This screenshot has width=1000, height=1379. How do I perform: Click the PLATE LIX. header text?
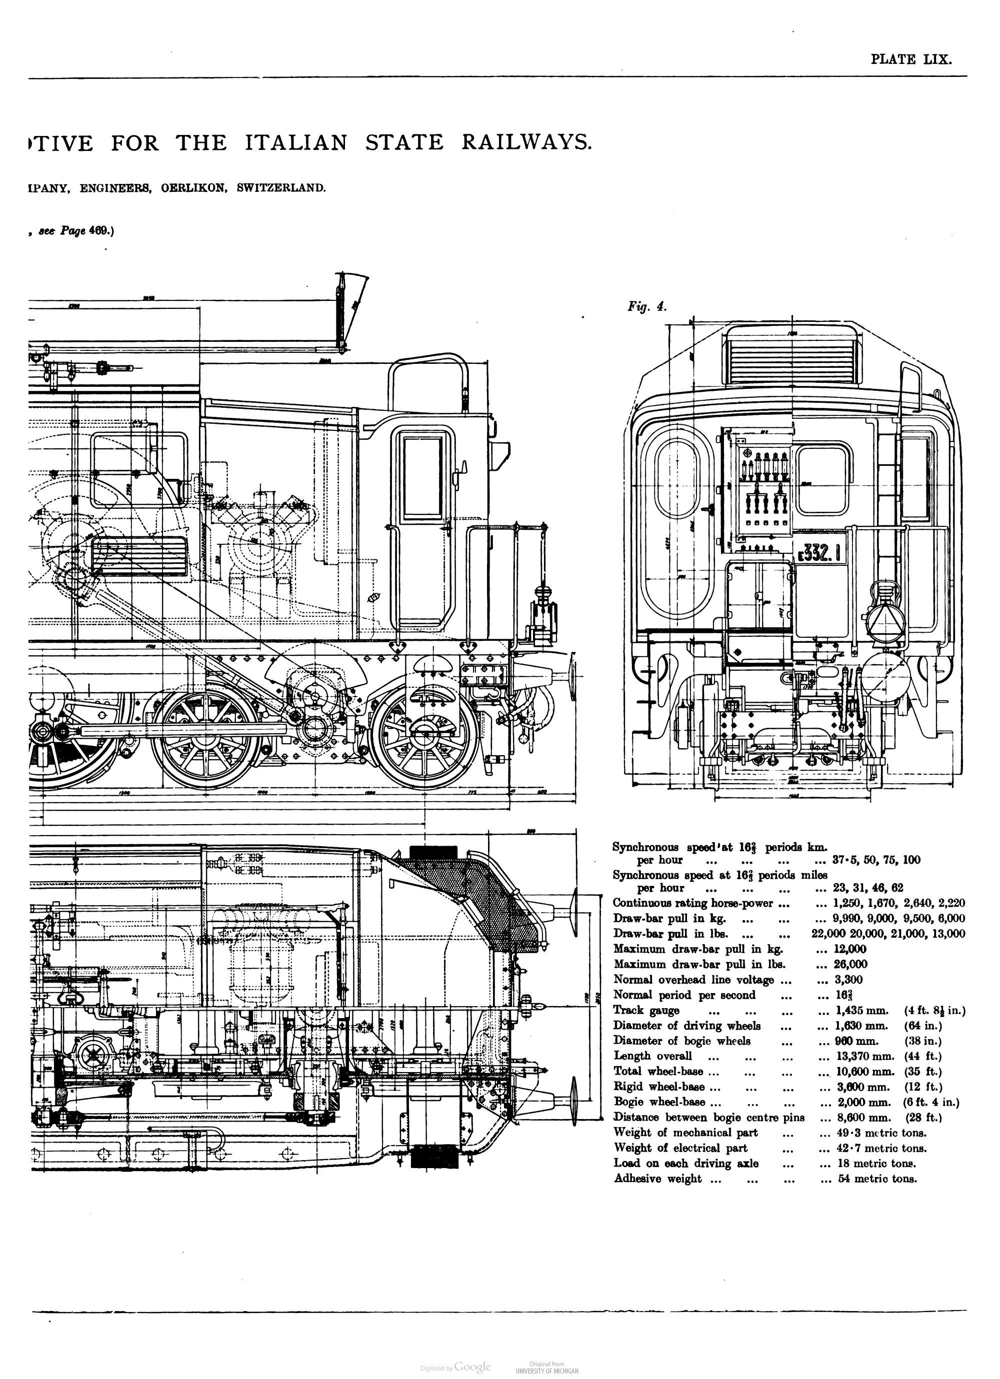[x=910, y=59]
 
